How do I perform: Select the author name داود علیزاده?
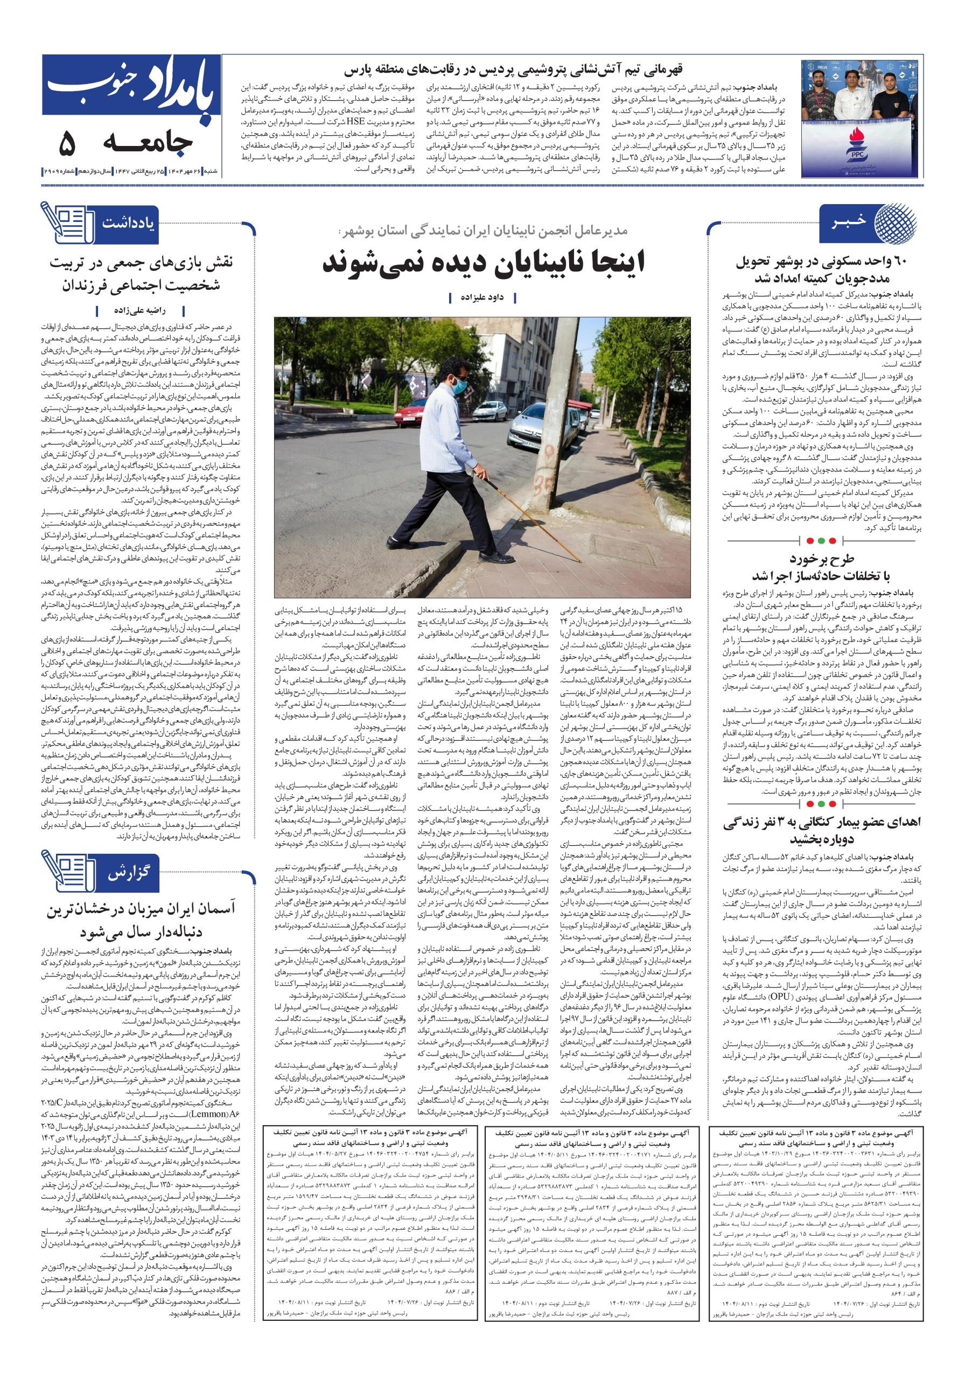(x=482, y=297)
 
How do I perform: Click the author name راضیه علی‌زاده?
(x=139, y=310)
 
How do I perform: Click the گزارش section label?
(x=128, y=873)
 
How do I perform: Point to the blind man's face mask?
(x=459, y=385)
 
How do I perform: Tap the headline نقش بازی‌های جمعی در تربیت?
(x=141, y=273)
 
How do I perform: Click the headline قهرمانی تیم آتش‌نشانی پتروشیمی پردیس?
(x=513, y=69)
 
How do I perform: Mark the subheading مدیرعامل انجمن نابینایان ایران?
(x=484, y=231)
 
